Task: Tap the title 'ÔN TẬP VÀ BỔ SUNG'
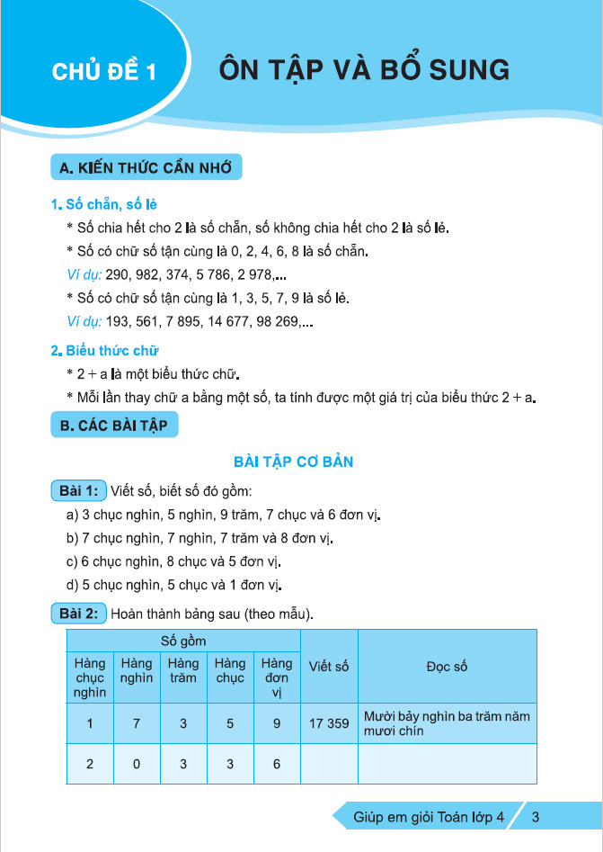click(x=364, y=70)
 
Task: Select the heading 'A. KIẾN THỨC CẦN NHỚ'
click(x=146, y=169)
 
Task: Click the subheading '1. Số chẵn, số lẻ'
click(x=104, y=204)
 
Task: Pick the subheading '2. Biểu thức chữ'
click(x=105, y=350)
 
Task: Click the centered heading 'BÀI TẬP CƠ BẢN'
click(x=293, y=462)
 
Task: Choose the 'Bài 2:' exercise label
click(x=79, y=614)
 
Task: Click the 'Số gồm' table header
click(x=183, y=641)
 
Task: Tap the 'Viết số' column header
click(x=328, y=667)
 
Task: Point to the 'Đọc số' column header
click(x=447, y=667)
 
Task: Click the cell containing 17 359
click(x=328, y=722)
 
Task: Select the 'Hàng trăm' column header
click(x=183, y=671)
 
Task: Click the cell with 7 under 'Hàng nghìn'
click(x=137, y=722)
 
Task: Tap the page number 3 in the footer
click(x=536, y=818)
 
